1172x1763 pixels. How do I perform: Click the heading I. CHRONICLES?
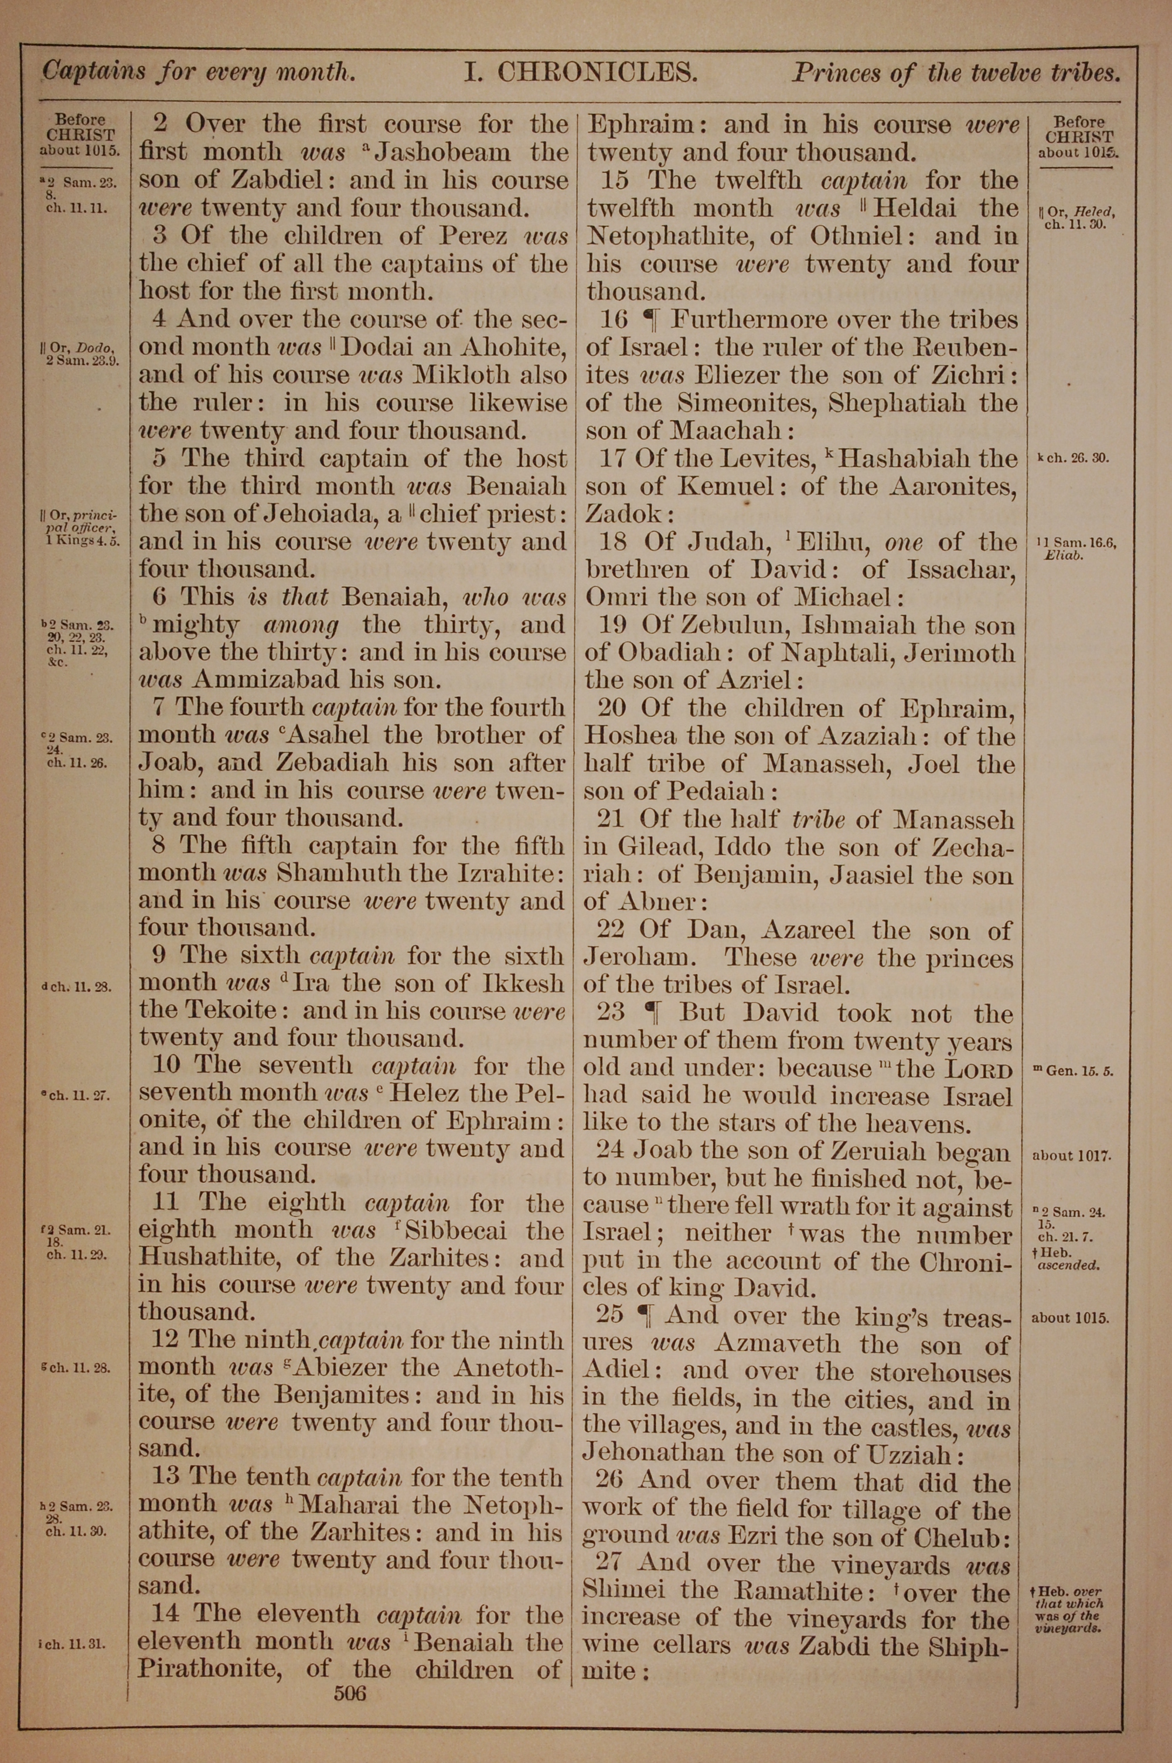(581, 73)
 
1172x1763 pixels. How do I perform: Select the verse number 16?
(614, 320)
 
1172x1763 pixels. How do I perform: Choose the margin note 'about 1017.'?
(1071, 1155)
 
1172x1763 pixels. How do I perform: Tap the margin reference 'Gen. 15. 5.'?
(1076, 1070)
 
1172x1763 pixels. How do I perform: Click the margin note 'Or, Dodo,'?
(78, 349)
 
